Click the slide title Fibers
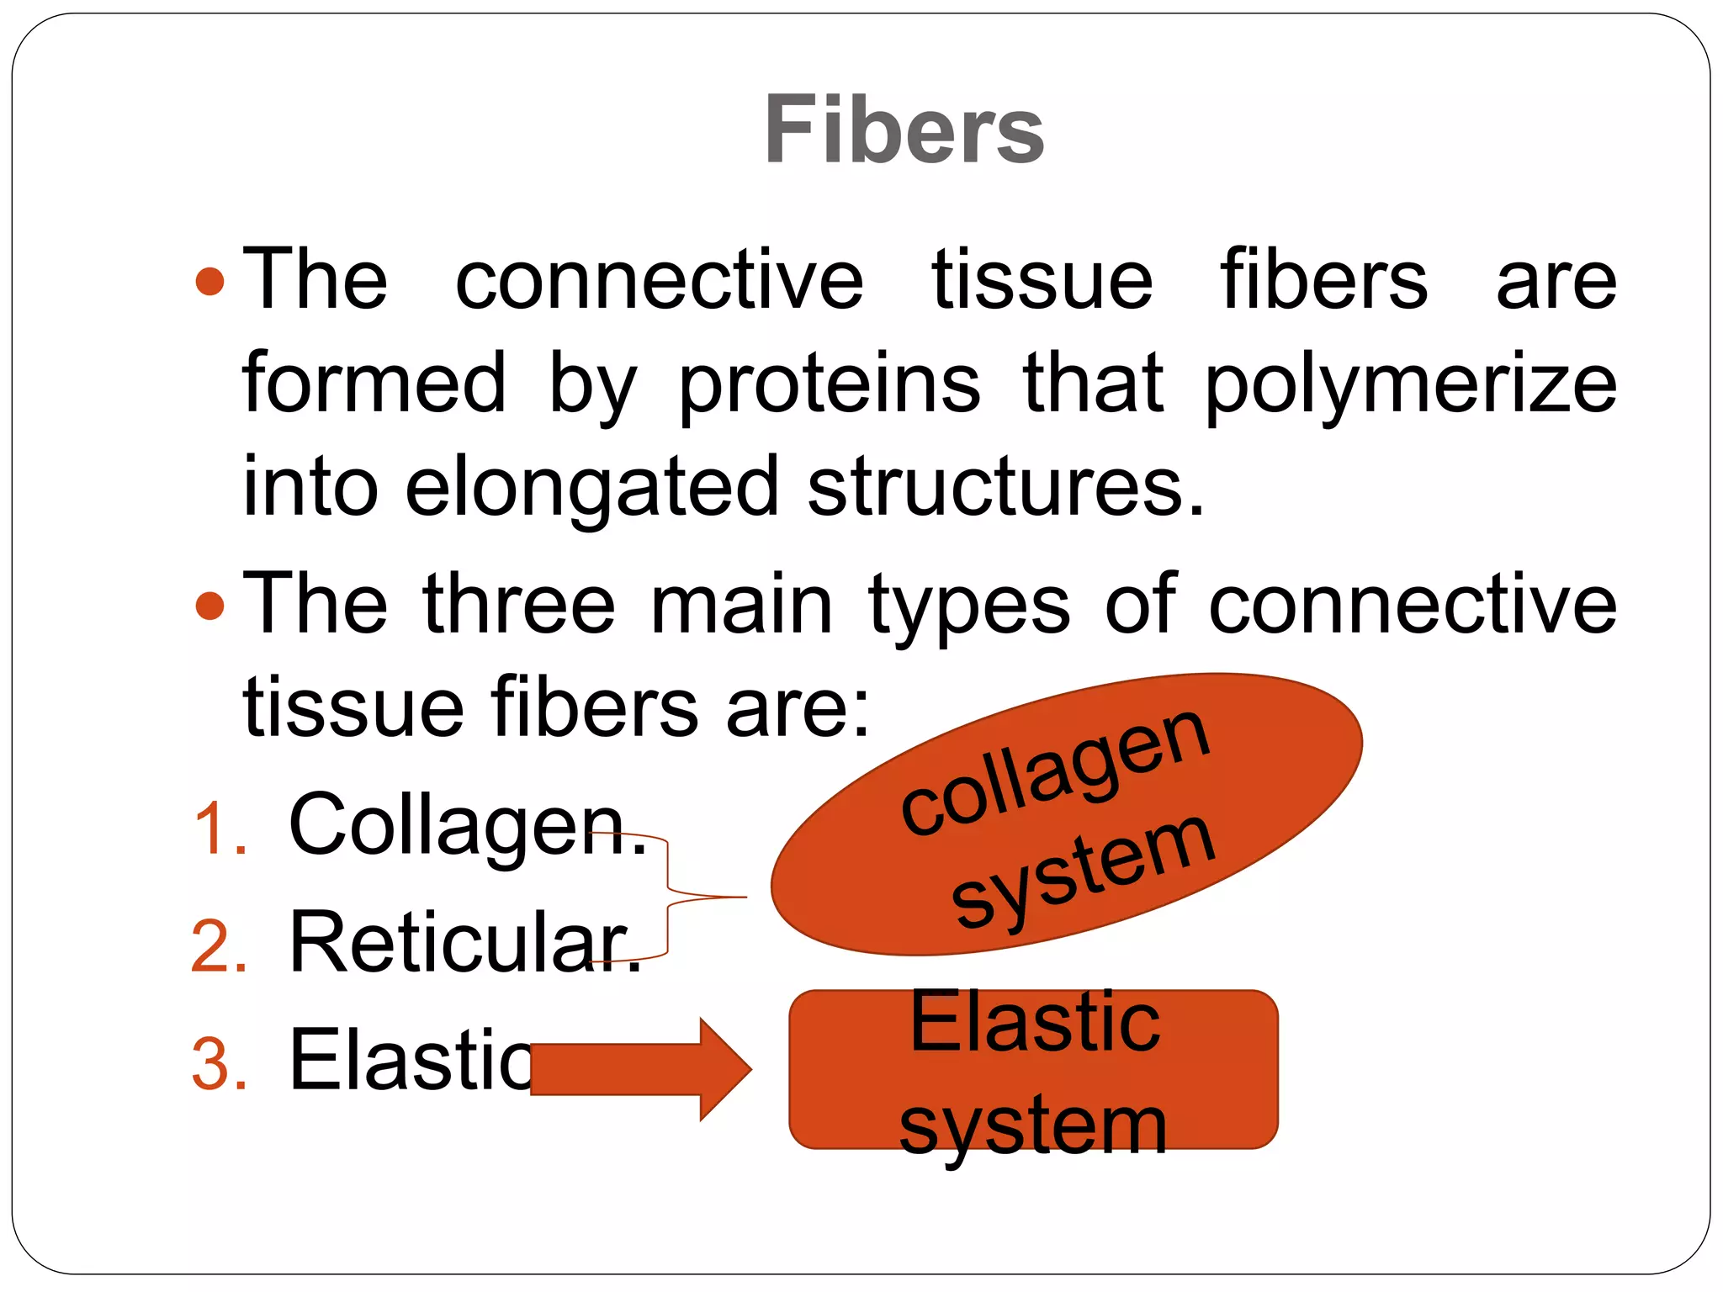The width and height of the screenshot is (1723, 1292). [904, 130]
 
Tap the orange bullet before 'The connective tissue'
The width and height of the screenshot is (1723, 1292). [209, 282]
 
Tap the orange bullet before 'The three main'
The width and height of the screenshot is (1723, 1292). [209, 606]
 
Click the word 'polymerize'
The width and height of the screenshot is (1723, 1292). [1410, 385]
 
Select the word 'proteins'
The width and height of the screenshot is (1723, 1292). [829, 385]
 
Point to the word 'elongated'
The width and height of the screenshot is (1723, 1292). [591, 488]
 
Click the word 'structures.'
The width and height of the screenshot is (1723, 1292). [1006, 488]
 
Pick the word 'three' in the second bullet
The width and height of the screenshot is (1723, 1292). [519, 604]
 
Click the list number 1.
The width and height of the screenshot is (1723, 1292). [221, 829]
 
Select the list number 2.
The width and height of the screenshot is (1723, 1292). [220, 947]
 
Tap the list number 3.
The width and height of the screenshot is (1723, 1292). [220, 1065]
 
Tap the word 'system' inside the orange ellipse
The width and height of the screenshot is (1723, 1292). [1084, 871]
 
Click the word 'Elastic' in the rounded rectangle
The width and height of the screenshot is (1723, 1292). [1035, 1022]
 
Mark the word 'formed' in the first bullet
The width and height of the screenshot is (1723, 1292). [374, 384]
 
